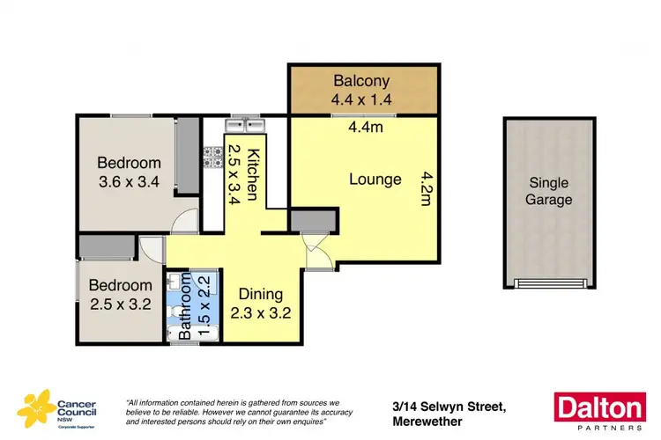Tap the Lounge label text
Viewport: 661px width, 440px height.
[375, 180]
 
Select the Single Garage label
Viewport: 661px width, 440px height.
[550, 191]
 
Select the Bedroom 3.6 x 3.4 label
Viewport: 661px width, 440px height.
[129, 172]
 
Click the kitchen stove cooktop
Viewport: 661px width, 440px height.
[212, 158]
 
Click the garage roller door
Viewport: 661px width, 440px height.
[549, 283]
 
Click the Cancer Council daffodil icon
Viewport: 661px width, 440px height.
[34, 407]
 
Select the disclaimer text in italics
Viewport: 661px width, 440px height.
[234, 410]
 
